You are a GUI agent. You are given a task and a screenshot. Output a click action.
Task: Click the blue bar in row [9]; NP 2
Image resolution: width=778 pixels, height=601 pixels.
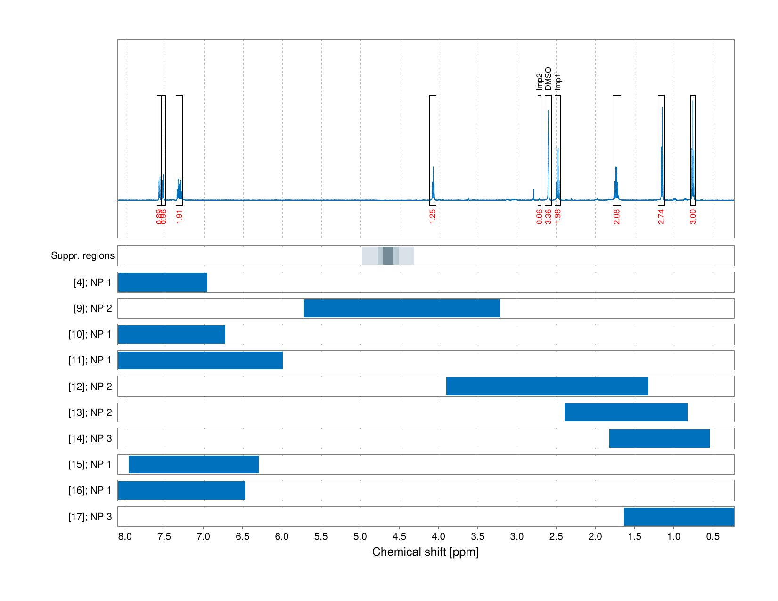click(401, 308)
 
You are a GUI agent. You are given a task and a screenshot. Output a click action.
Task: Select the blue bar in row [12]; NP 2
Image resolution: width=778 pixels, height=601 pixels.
click(547, 386)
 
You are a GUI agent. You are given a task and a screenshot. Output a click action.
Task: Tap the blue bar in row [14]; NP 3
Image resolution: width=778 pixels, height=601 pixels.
click(659, 438)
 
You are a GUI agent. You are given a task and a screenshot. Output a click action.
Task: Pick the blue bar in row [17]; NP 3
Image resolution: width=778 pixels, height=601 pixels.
click(679, 517)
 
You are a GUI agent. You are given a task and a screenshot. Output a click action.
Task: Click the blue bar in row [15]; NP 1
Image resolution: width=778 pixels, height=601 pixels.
click(194, 464)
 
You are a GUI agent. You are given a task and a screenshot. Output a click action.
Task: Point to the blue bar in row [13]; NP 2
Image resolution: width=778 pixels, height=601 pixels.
click(626, 412)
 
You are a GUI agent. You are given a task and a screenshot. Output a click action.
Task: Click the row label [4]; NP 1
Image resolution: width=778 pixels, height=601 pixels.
click(93, 282)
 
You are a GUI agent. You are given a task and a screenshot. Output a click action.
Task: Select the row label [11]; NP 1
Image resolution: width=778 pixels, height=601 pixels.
click(90, 360)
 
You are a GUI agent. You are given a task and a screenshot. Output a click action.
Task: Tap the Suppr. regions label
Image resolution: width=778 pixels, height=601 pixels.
click(83, 255)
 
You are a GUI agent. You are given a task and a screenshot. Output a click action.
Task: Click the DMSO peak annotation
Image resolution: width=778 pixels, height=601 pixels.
click(548, 79)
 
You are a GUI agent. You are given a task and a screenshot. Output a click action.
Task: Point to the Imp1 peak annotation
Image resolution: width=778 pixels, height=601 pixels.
click(558, 82)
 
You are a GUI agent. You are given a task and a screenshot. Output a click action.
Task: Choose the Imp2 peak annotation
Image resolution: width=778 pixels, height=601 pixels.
click(540, 82)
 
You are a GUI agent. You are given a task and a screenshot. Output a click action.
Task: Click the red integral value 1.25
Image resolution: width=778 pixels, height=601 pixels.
click(433, 216)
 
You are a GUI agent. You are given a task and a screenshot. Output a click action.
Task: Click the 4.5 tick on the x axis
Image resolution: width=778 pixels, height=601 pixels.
click(399, 536)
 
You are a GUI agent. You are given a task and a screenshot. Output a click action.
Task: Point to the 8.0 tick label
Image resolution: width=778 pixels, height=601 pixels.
click(125, 536)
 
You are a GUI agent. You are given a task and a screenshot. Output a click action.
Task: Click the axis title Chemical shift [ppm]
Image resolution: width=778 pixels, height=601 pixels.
click(425, 552)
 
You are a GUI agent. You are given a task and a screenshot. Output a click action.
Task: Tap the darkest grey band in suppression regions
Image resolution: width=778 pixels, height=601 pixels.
click(388, 255)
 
